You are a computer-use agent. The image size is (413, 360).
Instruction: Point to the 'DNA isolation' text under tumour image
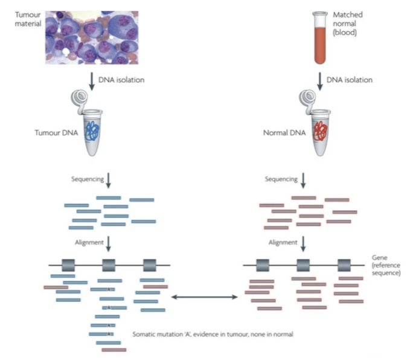point(123,80)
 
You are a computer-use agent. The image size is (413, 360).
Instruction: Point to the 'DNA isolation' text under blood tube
point(348,80)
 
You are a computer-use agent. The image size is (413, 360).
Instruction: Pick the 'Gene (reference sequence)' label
point(386,265)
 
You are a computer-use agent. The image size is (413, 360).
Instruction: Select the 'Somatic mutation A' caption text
point(212,333)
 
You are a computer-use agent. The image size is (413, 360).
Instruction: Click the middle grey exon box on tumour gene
point(109,265)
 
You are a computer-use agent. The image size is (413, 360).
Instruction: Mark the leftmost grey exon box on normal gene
point(263,265)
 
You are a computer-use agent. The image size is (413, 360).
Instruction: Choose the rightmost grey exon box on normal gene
point(344,265)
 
